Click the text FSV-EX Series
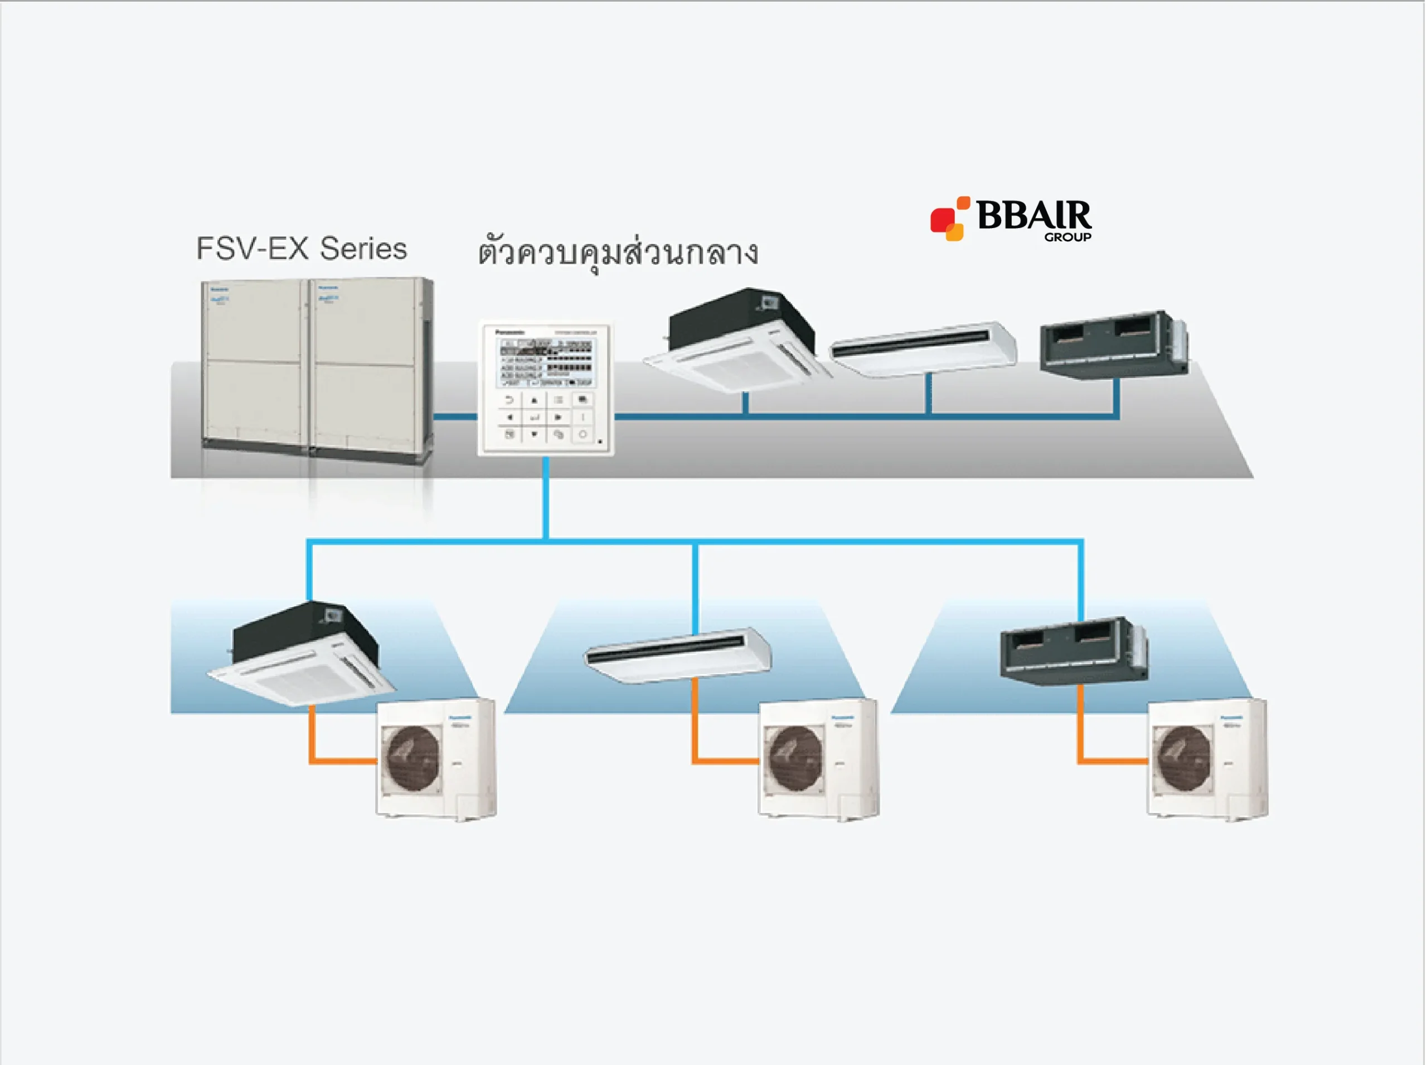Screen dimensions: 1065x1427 302,249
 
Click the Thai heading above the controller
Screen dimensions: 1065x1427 618,253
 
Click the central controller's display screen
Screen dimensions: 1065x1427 545,363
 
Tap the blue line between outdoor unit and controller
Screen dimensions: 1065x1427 455,417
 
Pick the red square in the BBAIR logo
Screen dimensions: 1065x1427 941,219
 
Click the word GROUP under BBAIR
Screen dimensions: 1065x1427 1068,237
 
